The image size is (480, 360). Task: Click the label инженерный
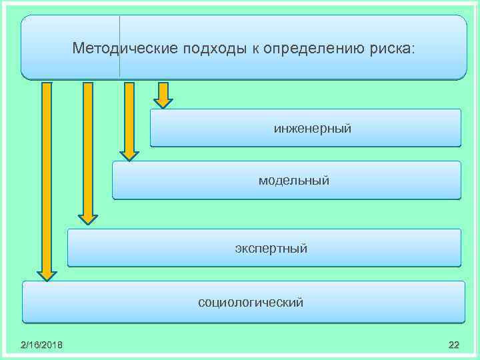tap(312, 127)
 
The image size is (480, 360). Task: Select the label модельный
tap(294, 180)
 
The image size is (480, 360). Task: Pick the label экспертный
tap(271, 249)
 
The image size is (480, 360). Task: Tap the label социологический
tap(251, 303)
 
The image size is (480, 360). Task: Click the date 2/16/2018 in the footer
tap(42, 344)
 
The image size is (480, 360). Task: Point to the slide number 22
tap(454, 344)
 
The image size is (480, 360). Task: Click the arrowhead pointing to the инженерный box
tap(163, 103)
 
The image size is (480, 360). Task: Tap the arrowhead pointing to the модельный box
tap(129, 156)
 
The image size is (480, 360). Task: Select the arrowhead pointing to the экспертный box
tap(88, 219)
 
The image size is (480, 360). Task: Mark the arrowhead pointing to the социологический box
tap(46, 275)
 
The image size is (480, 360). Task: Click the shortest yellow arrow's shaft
tap(163, 90)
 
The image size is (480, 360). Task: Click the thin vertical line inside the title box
tap(119, 47)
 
